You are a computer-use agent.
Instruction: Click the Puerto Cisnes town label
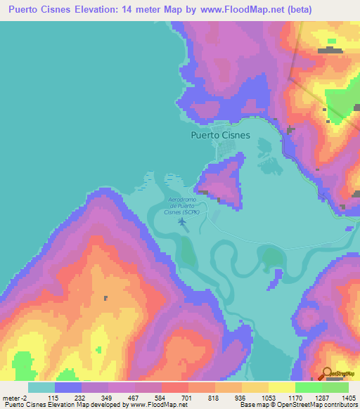(x=220, y=136)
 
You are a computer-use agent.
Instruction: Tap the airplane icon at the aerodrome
(x=183, y=223)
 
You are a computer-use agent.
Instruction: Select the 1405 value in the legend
(x=349, y=397)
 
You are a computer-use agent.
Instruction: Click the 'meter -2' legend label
(x=13, y=397)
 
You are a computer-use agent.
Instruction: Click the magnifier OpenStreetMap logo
(x=327, y=373)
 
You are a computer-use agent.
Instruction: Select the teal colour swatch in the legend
(x=41, y=387)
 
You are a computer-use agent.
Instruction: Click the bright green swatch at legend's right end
(x=335, y=387)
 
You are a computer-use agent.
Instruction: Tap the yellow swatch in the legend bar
(x=281, y=387)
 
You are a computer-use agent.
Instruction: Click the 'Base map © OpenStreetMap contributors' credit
(x=301, y=405)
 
